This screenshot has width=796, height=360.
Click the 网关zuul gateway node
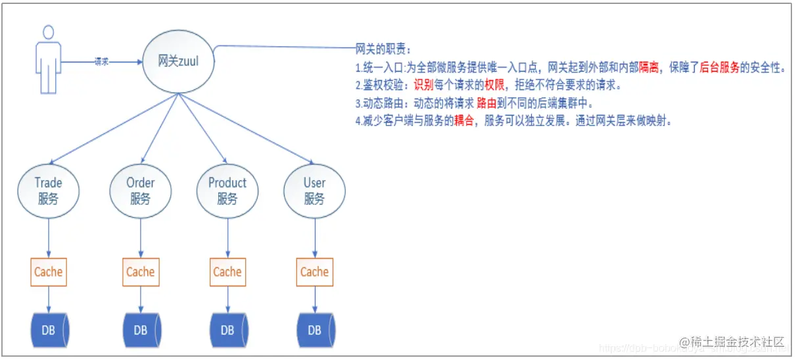pos(179,61)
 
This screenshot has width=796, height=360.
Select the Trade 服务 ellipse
pos(48,191)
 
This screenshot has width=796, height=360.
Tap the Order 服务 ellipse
pos(140,191)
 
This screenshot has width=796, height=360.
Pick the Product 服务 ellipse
pos(227,191)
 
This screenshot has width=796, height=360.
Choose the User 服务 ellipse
pos(314,191)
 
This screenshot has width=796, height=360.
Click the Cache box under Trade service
pos(48,272)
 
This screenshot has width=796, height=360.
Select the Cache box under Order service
pos(140,272)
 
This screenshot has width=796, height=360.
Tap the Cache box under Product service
pos(227,272)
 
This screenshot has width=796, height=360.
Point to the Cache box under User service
pos(314,272)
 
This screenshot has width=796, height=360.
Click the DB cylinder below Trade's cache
pos(50,330)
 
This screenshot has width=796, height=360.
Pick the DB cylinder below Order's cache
pos(141,330)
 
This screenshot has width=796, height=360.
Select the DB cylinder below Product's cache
pos(227,330)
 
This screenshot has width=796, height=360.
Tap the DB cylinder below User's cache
pos(315,330)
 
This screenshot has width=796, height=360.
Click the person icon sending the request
pos(47,60)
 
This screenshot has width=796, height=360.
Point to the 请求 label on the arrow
pos(101,61)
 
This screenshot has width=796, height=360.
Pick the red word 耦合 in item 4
pos(463,122)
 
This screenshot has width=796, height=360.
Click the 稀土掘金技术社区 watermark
pos(732,342)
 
